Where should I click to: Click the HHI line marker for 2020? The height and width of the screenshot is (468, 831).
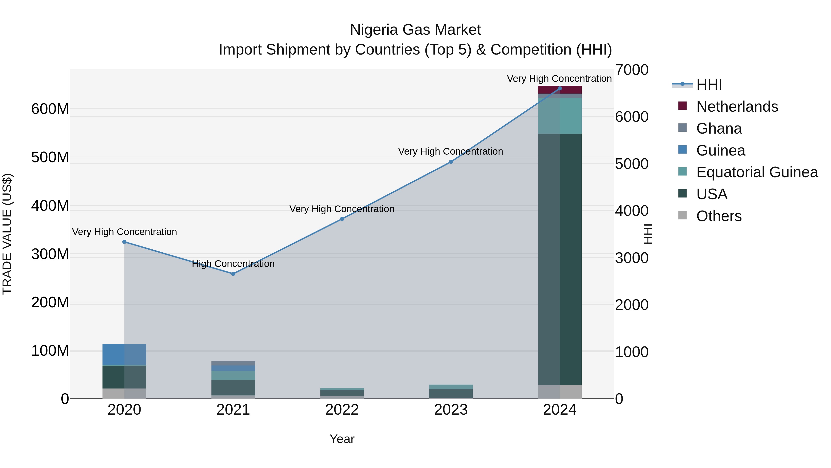(x=124, y=242)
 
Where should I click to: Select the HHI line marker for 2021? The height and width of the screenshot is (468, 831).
(x=233, y=274)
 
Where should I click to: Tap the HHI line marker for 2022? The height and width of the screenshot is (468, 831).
(x=342, y=219)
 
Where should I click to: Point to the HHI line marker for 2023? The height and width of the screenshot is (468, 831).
(x=451, y=162)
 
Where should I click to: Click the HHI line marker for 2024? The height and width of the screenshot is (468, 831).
(x=560, y=89)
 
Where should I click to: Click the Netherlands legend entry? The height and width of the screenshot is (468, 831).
(x=737, y=107)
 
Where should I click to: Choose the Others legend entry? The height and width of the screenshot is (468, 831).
(x=719, y=216)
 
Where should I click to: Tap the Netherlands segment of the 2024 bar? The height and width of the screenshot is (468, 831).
(x=560, y=90)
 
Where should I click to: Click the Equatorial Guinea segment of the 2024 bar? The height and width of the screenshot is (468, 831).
(x=560, y=116)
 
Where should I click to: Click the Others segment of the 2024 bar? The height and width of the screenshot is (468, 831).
(x=560, y=392)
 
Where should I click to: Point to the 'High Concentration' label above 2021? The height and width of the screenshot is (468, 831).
(x=233, y=264)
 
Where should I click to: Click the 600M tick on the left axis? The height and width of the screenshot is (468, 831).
(x=50, y=109)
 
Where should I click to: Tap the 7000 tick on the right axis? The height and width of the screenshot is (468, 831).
(x=631, y=70)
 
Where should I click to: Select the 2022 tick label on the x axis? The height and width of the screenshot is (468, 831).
(x=342, y=410)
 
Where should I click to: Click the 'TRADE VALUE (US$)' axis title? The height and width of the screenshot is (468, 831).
(x=7, y=234)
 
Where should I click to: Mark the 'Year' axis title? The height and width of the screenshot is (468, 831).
(x=342, y=439)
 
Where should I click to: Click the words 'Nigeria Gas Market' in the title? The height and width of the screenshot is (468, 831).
(x=415, y=30)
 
